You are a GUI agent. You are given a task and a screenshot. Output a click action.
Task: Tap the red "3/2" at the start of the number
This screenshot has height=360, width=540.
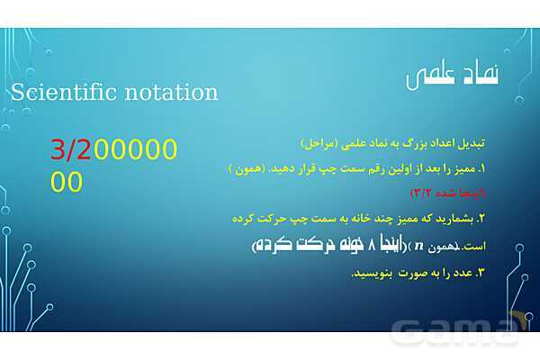(71, 150)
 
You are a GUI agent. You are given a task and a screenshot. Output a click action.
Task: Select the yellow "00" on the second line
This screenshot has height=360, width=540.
(67, 183)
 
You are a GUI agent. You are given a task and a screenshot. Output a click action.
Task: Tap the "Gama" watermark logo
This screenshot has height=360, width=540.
(459, 330)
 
